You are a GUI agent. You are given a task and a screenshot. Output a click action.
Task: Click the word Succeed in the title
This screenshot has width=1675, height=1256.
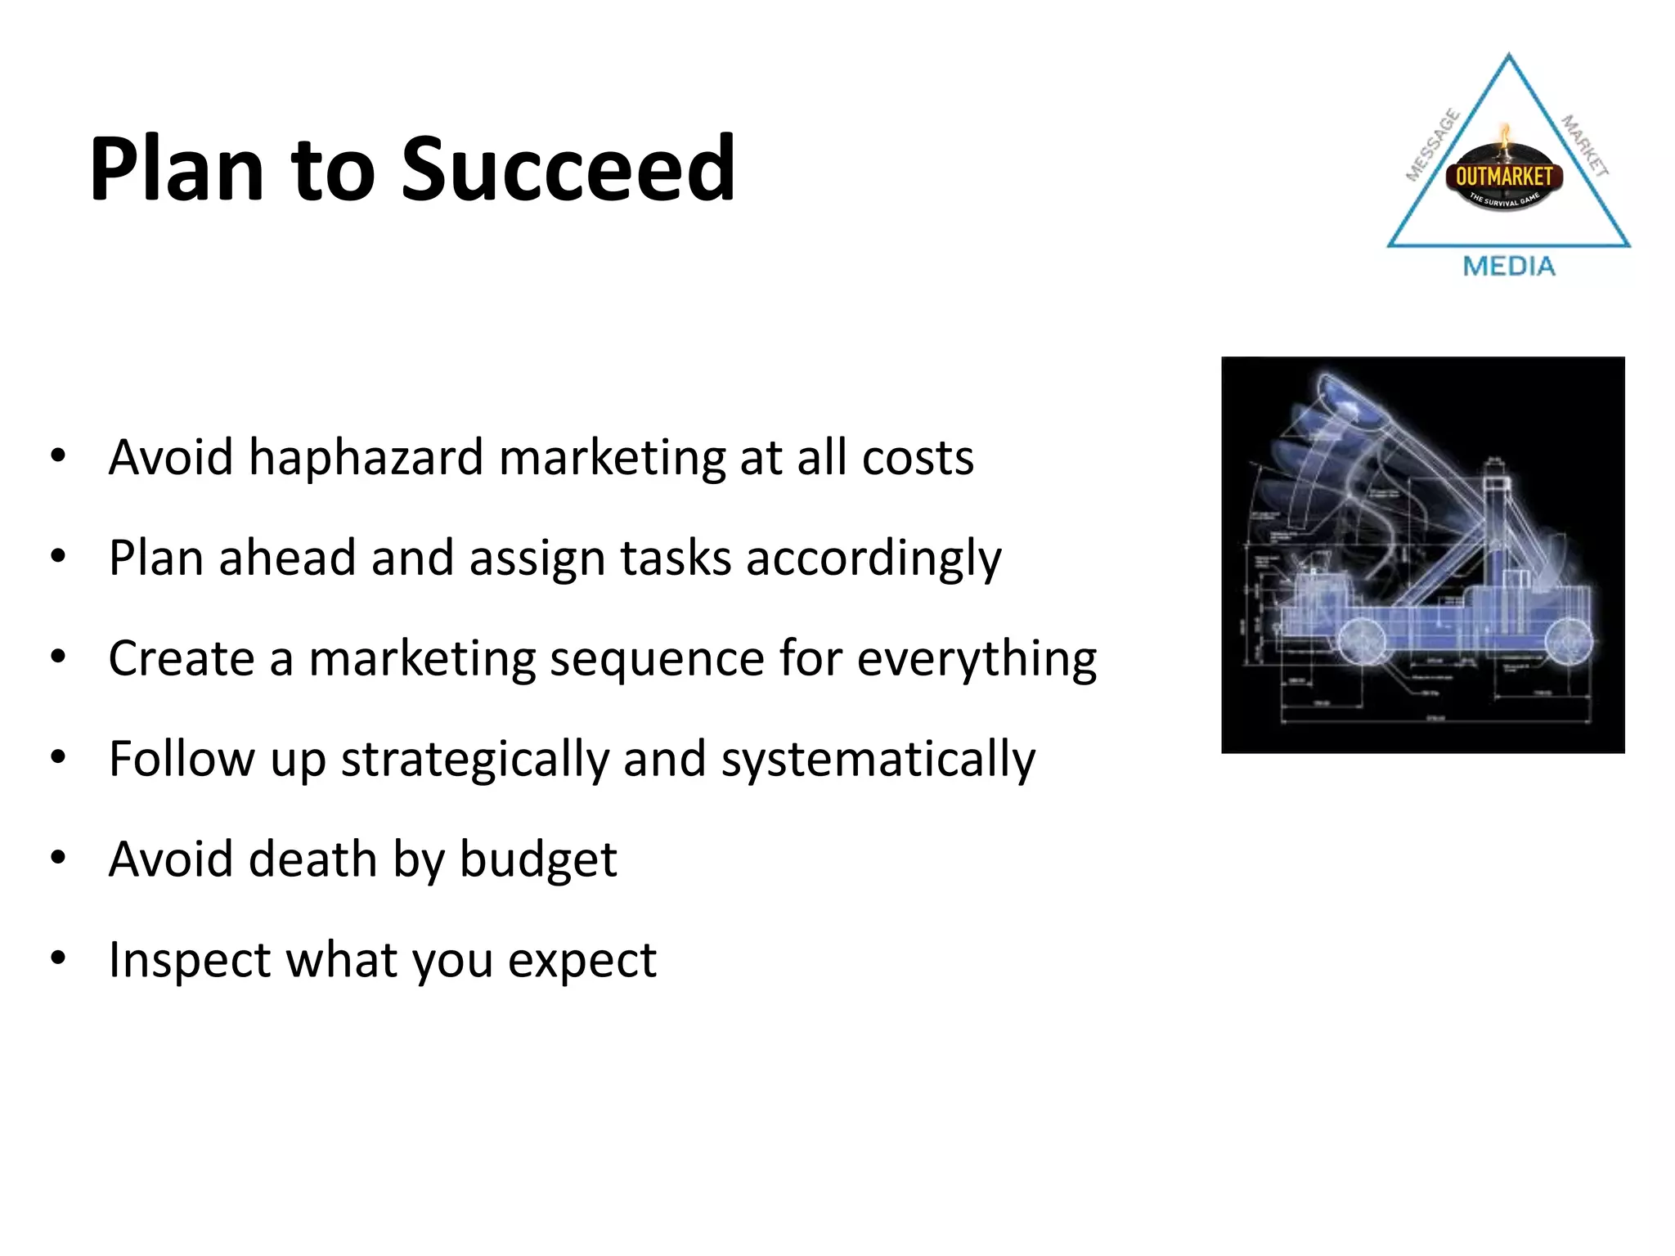tap(568, 169)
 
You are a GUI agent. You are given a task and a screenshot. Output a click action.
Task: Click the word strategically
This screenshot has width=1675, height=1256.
tap(474, 760)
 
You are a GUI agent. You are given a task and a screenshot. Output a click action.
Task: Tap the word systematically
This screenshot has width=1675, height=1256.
tap(878, 760)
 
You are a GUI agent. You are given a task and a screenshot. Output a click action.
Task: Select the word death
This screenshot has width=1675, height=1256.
tap(313, 859)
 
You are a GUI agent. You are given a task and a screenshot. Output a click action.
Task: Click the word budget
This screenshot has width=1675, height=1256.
tap(537, 861)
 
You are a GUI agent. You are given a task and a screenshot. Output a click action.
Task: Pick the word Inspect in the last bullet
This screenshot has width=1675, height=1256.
tap(189, 961)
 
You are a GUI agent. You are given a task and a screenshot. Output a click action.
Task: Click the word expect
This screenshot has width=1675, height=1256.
tap(582, 962)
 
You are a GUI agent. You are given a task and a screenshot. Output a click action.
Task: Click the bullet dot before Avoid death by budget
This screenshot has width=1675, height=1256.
tap(57, 858)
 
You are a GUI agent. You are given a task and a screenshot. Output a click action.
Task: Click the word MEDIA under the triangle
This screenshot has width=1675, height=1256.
tap(1508, 267)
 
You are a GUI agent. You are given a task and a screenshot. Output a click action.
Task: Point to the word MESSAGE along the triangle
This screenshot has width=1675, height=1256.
tap(1432, 145)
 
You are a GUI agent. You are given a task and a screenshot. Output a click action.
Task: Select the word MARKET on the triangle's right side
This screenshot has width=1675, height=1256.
tap(1584, 146)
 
